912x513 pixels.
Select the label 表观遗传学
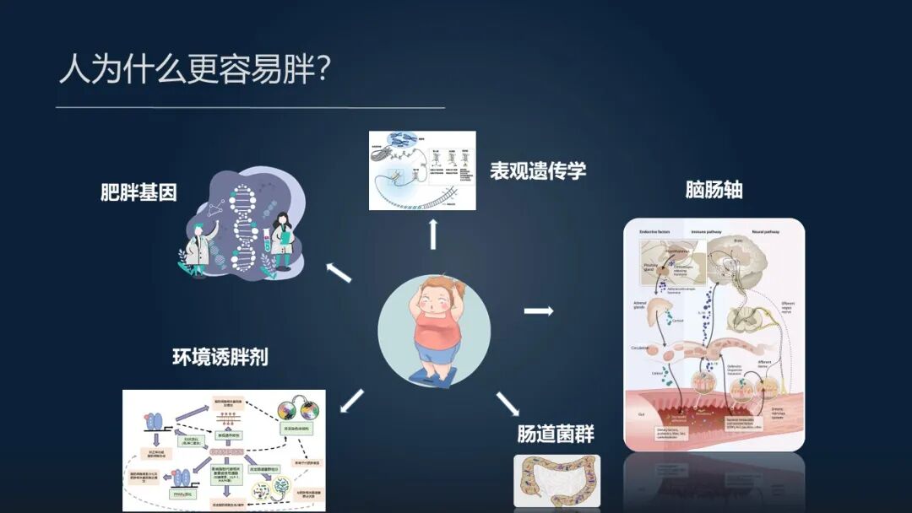(538, 170)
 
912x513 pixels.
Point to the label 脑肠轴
(714, 190)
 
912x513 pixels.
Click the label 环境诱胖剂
(220, 356)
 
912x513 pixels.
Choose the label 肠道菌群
(556, 435)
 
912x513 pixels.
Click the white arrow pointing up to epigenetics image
(433, 234)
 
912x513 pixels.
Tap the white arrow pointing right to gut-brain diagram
(538, 310)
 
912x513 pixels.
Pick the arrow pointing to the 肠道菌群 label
(507, 403)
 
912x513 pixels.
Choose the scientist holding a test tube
(282, 240)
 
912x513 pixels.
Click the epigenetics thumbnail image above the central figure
(422, 170)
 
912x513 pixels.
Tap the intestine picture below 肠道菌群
(556, 481)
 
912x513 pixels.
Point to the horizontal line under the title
(250, 108)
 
